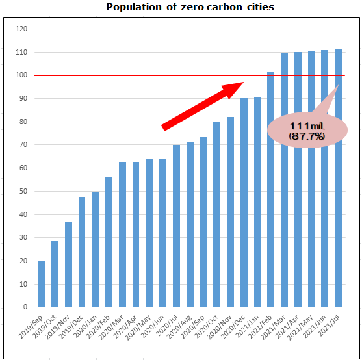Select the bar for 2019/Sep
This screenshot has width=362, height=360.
[x=42, y=284]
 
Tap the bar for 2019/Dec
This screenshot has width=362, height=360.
[x=83, y=252]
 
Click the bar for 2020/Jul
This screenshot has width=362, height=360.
[x=177, y=226]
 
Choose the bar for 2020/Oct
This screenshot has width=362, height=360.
[x=217, y=214]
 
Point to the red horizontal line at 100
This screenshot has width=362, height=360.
[x=130, y=75]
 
